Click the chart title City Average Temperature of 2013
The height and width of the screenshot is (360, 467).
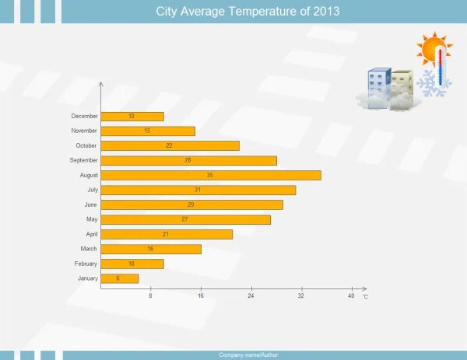(x=248, y=12)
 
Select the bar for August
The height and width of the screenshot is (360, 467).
(x=211, y=175)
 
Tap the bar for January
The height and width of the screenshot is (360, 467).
(x=120, y=278)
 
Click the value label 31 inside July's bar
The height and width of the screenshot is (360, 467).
(x=198, y=190)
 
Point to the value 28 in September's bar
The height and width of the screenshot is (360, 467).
(x=188, y=160)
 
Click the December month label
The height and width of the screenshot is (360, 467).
(x=84, y=116)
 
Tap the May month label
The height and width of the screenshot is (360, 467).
(x=92, y=219)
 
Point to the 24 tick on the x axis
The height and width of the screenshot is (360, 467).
(x=251, y=296)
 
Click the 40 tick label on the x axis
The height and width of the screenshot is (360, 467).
(x=351, y=296)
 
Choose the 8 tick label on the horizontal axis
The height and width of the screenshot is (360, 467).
(x=151, y=296)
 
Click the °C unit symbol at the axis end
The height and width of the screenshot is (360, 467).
(x=365, y=297)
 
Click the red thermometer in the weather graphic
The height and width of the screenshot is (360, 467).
(x=441, y=67)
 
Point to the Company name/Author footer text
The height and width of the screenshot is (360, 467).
(x=248, y=355)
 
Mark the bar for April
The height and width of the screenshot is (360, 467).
(x=167, y=234)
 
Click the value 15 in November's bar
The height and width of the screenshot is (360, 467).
(x=147, y=131)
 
